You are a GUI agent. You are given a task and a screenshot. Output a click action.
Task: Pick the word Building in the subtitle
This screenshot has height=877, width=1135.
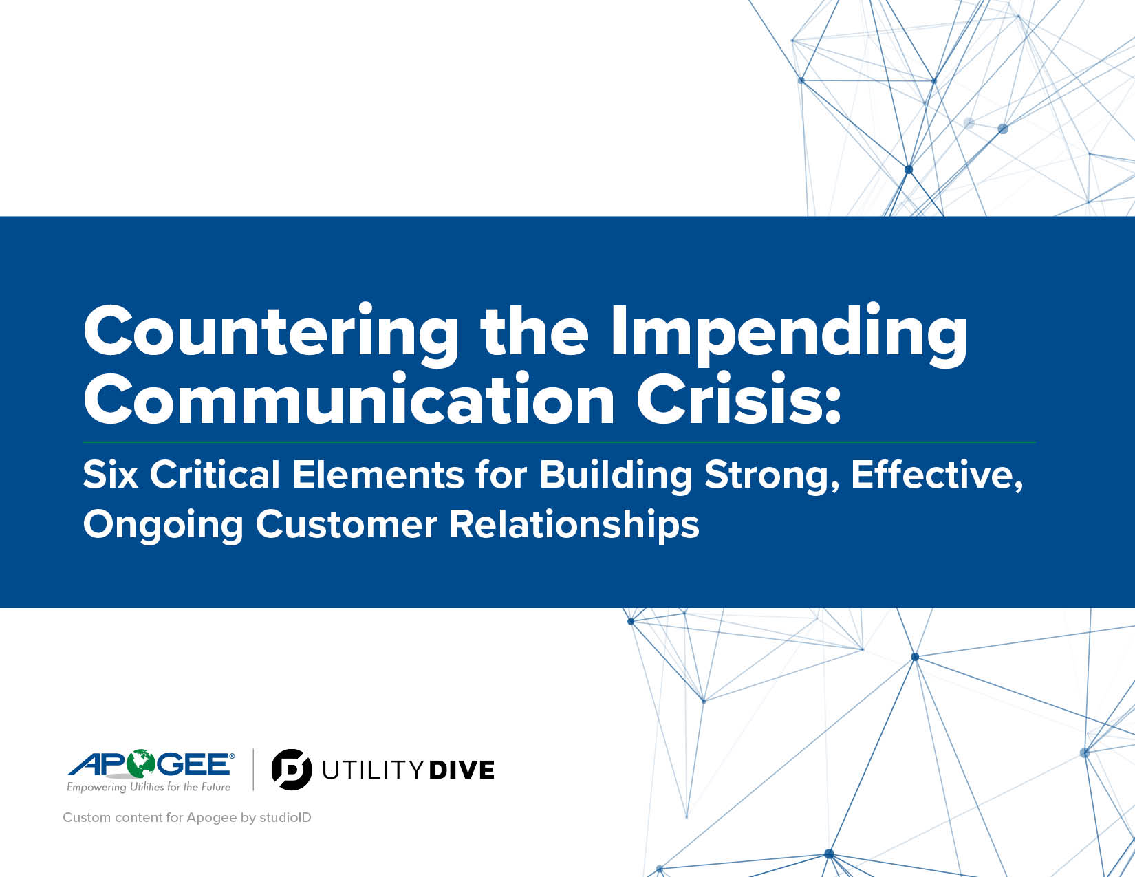(616, 475)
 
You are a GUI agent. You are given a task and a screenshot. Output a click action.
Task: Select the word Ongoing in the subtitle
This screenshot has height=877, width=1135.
(164, 525)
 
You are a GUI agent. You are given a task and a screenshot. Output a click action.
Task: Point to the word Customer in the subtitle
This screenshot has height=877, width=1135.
(346, 524)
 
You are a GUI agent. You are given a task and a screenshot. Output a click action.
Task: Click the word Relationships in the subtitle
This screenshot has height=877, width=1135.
(574, 524)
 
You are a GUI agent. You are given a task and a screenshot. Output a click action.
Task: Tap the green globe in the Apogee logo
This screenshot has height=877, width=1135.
(141, 764)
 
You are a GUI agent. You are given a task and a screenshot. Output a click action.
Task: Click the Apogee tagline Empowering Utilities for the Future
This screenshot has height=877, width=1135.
(149, 787)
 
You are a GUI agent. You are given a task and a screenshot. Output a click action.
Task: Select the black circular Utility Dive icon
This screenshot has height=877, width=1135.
(292, 770)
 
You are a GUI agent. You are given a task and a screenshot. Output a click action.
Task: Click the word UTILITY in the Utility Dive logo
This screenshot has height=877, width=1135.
(372, 770)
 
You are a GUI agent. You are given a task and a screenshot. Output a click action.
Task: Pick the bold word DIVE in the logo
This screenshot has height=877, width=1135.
(462, 770)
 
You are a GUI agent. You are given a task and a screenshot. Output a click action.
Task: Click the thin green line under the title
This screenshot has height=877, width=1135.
(559, 442)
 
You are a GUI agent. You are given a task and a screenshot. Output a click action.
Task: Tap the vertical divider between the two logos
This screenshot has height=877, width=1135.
(253, 770)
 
